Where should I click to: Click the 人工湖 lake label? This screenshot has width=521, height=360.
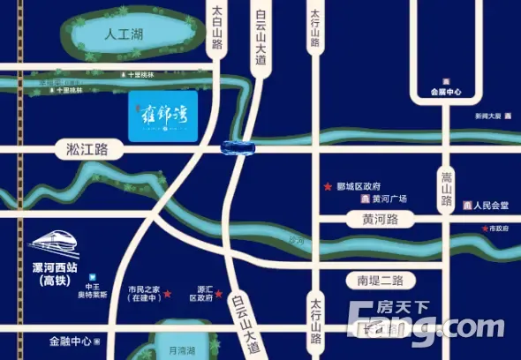click(x=123, y=36)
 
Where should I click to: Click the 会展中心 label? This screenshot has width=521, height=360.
click(x=446, y=91)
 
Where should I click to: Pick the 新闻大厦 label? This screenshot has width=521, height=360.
click(x=487, y=116)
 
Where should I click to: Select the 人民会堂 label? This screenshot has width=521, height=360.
click(x=491, y=206)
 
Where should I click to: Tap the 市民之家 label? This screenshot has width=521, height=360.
click(x=144, y=294)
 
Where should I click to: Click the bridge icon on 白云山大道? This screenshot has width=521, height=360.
click(x=238, y=146)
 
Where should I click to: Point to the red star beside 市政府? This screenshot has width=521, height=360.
click(x=485, y=229)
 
